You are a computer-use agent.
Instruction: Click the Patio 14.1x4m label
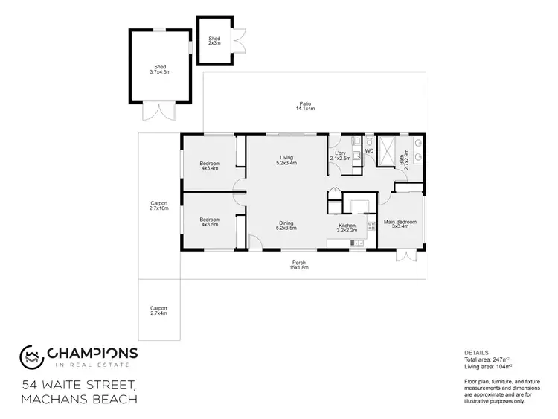(x=305, y=106)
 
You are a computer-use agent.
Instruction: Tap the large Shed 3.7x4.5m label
(x=160, y=69)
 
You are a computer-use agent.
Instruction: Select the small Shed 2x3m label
(x=214, y=41)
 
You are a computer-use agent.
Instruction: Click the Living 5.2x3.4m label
(x=287, y=159)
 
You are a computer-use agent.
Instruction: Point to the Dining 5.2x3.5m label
(x=286, y=225)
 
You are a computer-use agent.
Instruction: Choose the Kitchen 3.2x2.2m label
(x=347, y=228)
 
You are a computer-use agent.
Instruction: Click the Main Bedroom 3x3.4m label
(x=400, y=224)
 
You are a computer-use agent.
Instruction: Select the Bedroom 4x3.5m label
(x=210, y=221)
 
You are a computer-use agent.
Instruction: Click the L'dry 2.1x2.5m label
(x=340, y=156)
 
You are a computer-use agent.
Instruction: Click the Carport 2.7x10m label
(x=159, y=205)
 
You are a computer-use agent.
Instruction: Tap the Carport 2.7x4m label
(x=159, y=310)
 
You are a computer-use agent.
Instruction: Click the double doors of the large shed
(x=158, y=111)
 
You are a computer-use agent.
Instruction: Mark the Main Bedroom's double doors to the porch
(x=406, y=255)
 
